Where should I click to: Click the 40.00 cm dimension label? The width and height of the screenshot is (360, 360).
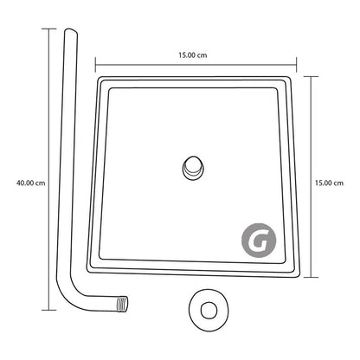(31, 183)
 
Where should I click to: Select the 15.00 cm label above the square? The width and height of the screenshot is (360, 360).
(193, 55)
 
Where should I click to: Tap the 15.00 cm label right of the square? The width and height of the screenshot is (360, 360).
(329, 183)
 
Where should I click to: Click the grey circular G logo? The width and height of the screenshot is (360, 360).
(259, 241)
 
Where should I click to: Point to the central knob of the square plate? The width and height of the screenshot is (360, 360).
(193, 168)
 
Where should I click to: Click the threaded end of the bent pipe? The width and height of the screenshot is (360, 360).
(122, 305)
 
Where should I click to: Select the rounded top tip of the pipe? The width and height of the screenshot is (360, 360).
(71, 31)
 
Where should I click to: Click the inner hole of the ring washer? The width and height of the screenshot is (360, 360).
(209, 311)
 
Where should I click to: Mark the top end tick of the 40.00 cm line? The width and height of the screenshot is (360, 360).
(48, 29)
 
